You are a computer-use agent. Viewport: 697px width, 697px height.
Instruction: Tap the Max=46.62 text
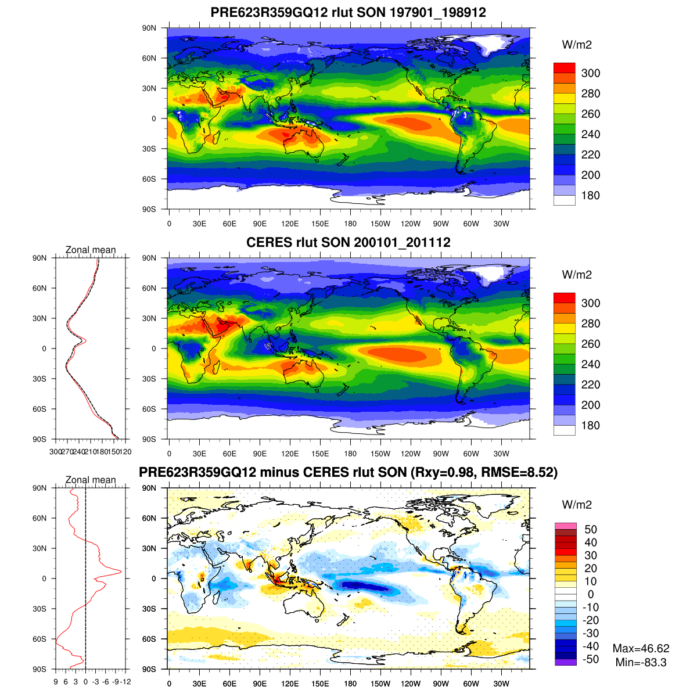coord(641,649)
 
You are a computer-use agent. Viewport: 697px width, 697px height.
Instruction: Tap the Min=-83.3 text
coord(641,662)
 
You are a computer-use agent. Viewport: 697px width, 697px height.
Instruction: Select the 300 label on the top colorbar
coord(591,73)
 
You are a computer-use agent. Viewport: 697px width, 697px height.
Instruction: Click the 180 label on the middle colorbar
coord(591,425)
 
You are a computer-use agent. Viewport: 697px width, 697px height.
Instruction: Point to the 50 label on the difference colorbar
coord(591,529)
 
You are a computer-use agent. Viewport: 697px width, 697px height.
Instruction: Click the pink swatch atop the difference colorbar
coord(565,526)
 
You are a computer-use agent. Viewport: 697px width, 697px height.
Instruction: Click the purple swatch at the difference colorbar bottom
coord(565,662)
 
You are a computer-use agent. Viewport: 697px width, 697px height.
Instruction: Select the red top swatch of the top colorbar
coord(565,67)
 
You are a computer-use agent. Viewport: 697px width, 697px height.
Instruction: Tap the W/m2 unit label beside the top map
coord(577,45)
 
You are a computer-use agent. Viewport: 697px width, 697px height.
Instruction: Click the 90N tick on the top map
coord(149,28)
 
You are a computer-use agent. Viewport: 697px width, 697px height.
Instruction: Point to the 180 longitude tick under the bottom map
coord(350,684)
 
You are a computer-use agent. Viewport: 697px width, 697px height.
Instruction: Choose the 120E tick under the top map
coord(290,224)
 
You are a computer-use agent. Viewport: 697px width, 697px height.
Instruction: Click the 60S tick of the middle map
coord(149,409)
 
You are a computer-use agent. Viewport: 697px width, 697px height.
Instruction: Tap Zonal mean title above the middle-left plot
coord(91,250)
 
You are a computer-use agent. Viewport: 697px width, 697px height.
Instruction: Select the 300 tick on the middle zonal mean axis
coord(55,451)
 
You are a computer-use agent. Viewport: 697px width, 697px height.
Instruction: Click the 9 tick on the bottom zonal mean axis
coord(56,682)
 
